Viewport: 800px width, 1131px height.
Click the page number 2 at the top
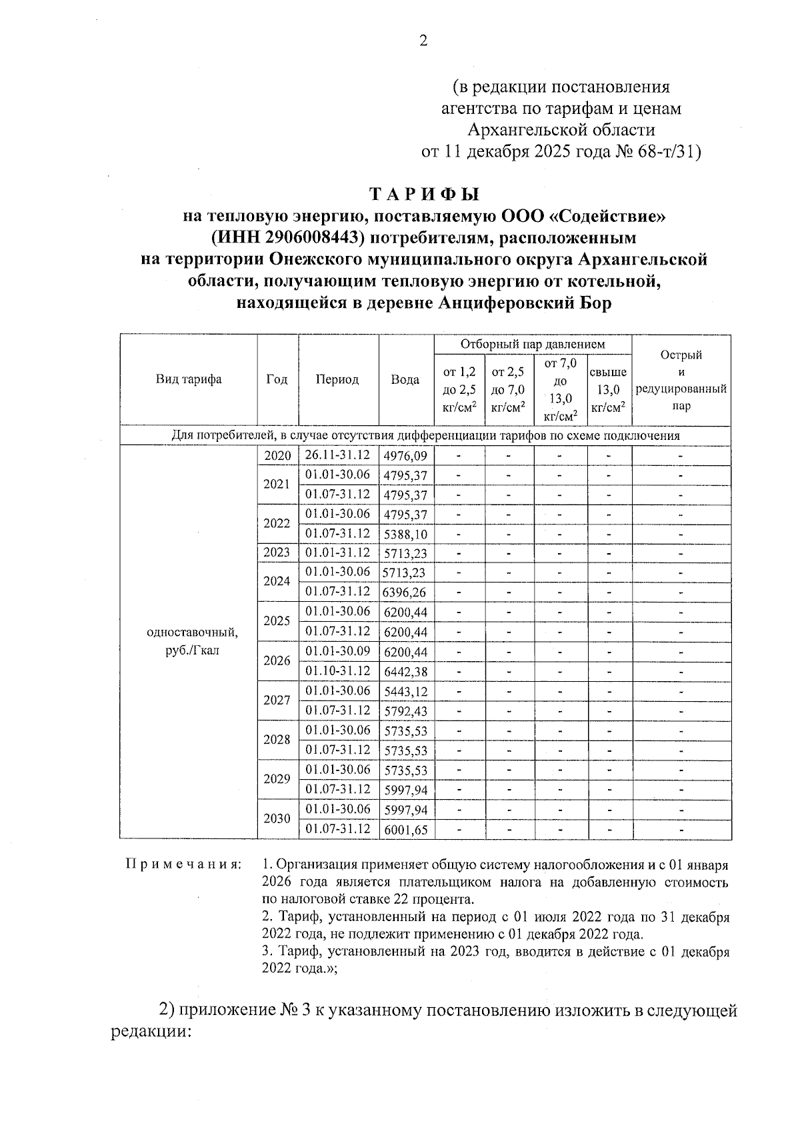point(423,41)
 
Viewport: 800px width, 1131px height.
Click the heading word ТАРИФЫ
point(425,195)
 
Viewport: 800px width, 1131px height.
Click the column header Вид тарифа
point(189,380)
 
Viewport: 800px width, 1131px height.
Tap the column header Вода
point(405,380)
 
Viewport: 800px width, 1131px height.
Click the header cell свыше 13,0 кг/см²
point(609,390)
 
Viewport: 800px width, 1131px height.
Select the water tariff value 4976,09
point(405,457)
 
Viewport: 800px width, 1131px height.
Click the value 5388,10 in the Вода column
point(405,535)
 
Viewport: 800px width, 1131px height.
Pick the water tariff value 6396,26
point(405,592)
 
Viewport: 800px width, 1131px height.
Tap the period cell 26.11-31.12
point(337,455)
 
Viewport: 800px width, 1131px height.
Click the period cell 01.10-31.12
point(337,671)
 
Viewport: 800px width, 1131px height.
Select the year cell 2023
point(277,553)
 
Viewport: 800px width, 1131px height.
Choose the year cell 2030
point(277,819)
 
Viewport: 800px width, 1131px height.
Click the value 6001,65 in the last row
point(405,830)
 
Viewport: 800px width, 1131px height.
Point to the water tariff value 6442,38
point(405,672)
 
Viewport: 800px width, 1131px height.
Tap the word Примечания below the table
point(183,865)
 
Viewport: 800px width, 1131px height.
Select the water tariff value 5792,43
point(405,712)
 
